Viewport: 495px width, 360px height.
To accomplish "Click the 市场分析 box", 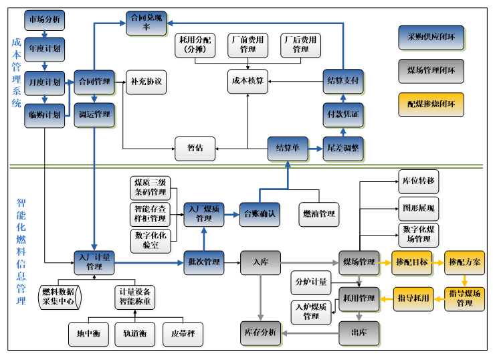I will pyautogui.click(x=44, y=20).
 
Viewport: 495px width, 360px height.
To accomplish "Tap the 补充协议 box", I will pyautogui.click(x=146, y=82).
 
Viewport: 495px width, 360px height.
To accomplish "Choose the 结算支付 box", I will pyautogui.click(x=342, y=81).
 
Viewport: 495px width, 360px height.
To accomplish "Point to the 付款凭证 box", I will pyautogui.click(x=342, y=115).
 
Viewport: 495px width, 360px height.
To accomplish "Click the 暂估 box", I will pyautogui.click(x=195, y=149).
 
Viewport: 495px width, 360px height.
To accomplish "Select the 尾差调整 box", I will pyautogui.click(x=342, y=149).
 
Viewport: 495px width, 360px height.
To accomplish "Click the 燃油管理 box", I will pyautogui.click(x=318, y=213).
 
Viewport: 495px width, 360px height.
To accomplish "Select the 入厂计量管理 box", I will pyautogui.click(x=94, y=262).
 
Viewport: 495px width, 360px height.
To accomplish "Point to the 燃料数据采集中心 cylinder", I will pyautogui.click(x=59, y=296).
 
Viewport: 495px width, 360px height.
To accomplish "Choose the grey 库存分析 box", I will pyautogui.click(x=262, y=333).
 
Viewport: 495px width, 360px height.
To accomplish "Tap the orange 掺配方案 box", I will pyautogui.click(x=464, y=262).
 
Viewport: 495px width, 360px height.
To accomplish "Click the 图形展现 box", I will pyautogui.click(x=418, y=207).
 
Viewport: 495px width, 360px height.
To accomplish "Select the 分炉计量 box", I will pyautogui.click(x=310, y=282).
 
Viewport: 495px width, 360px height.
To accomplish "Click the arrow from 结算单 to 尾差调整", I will pyautogui.click(x=316, y=149).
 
